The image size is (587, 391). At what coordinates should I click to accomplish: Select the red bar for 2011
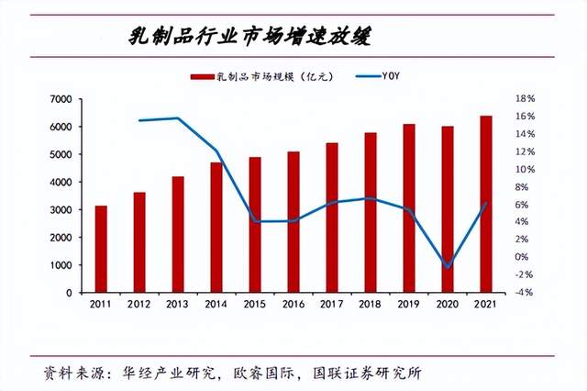click(x=101, y=249)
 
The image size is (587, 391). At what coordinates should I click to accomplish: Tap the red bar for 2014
click(x=216, y=227)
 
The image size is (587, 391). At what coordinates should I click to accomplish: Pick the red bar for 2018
click(x=371, y=212)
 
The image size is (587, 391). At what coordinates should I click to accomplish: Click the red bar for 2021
click(x=486, y=204)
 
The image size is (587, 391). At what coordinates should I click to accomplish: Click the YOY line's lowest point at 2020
click(x=448, y=267)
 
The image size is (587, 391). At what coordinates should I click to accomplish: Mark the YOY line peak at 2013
click(x=178, y=118)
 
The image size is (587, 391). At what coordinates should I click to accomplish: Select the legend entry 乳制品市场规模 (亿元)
click(x=262, y=76)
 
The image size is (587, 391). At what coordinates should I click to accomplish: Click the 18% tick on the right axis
click(x=525, y=99)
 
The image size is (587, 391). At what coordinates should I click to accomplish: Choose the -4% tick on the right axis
click(x=525, y=293)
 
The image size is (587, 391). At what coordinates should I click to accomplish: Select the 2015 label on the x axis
click(x=255, y=304)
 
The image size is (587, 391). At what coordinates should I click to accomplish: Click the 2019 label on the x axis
click(x=409, y=304)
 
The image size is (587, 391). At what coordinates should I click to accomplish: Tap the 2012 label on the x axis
click(x=139, y=304)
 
